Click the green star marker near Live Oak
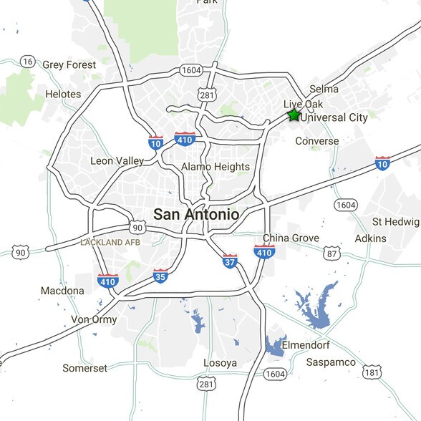[294, 115]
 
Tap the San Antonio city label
[196, 213]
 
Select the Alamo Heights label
[216, 167]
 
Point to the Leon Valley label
[117, 161]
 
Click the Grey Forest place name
[69, 64]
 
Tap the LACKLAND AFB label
[110, 243]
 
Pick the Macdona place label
[62, 291]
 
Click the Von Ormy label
[94, 319]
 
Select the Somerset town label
[84, 368]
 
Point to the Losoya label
[220, 363]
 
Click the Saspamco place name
[331, 362]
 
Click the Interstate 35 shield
[160, 275]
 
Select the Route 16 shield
[28, 62]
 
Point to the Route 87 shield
[332, 254]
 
